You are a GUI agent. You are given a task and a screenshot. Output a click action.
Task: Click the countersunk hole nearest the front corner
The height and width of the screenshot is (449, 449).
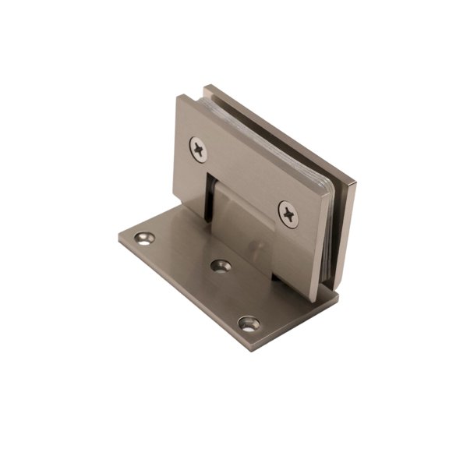coord(249,320)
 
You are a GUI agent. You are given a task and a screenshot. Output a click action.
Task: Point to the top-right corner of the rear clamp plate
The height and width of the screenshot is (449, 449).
coord(356,181)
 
